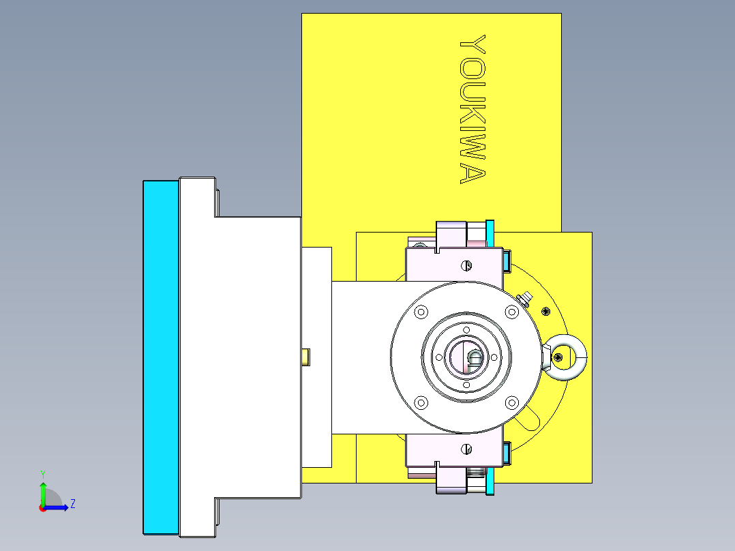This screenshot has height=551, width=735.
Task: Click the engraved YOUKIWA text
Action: [472, 110]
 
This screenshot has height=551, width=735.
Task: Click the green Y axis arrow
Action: [43, 490]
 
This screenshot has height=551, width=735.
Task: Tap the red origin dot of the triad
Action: [43, 507]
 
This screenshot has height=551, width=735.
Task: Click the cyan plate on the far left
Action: [160, 357]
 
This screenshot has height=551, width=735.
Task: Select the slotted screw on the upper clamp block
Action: [467, 265]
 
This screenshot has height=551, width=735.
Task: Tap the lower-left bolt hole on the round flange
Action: [421, 402]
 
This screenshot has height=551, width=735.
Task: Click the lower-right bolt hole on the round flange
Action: [511, 402]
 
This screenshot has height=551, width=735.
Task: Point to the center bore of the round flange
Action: [466, 357]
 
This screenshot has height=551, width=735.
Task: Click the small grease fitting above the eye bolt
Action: [526, 298]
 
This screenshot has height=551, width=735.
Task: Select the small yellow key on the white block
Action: [306, 356]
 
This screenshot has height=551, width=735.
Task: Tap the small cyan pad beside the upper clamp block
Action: [506, 260]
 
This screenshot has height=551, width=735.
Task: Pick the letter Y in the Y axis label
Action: [42, 473]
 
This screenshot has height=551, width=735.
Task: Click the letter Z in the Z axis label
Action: [72, 504]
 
